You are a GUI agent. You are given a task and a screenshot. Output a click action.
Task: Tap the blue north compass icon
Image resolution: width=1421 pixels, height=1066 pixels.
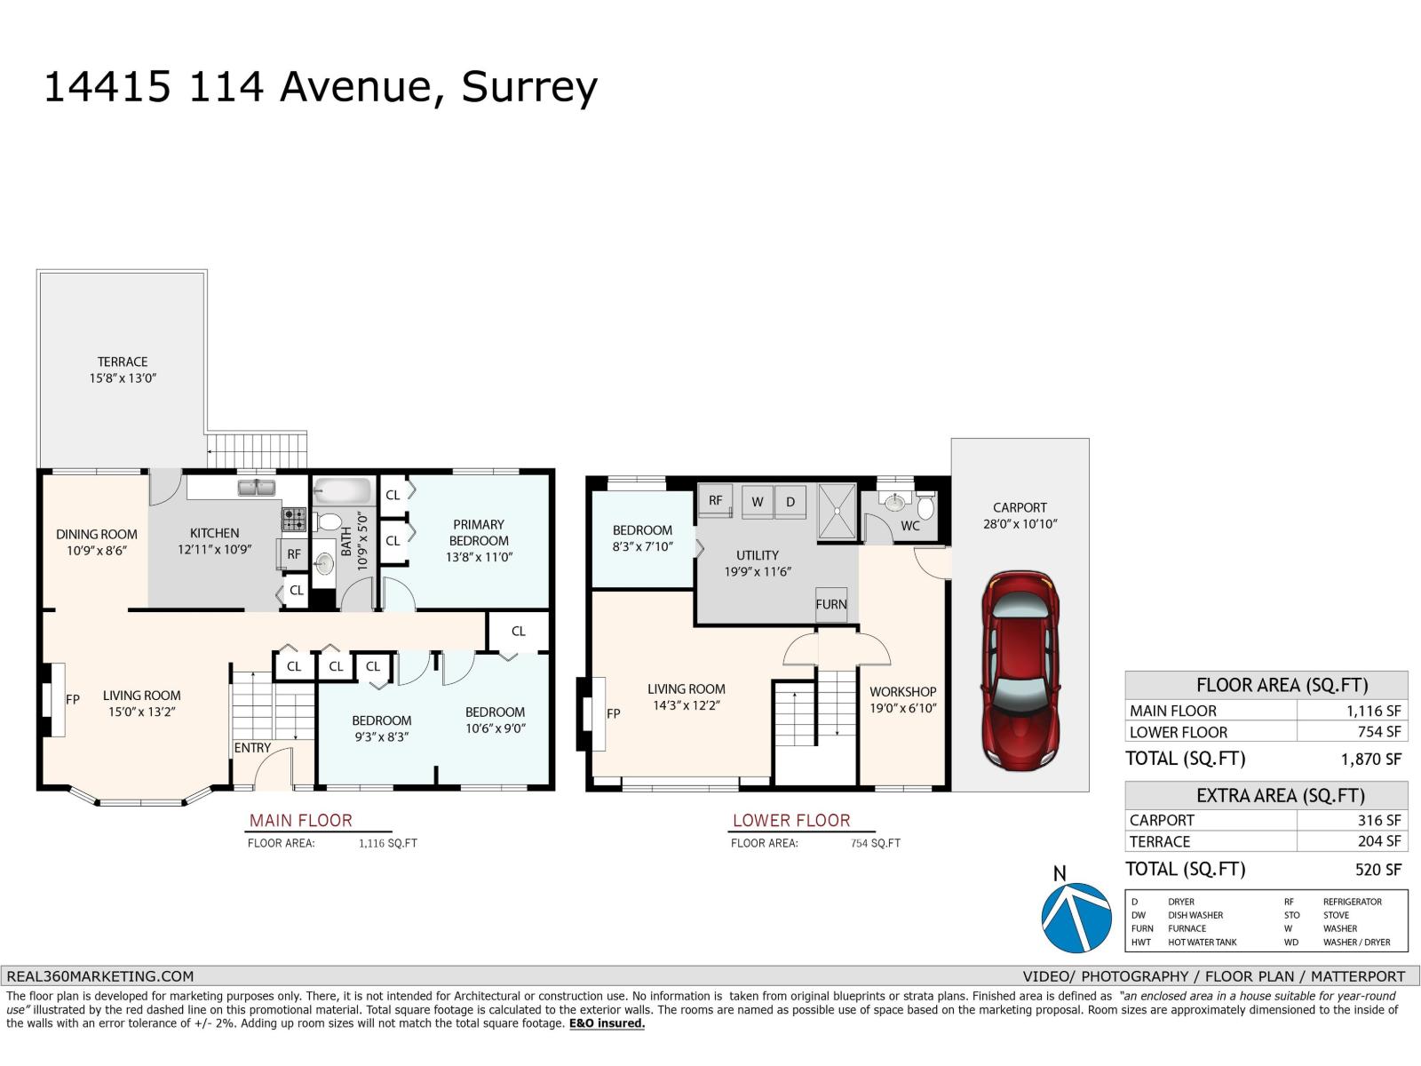[x=1076, y=918]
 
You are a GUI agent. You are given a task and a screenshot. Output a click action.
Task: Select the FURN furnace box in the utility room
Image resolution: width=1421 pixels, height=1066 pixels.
[x=831, y=604]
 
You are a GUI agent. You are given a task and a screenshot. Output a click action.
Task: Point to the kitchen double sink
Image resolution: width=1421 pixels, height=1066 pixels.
[x=256, y=487]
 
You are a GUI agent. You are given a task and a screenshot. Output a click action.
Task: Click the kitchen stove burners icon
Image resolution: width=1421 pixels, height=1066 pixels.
[x=294, y=519]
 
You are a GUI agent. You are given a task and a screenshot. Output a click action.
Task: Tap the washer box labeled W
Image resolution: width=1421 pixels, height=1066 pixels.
[x=758, y=502]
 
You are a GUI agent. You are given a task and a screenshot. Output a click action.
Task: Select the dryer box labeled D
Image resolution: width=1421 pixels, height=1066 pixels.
[x=790, y=502]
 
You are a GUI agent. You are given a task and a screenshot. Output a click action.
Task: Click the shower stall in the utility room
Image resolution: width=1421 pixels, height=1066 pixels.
[x=837, y=511]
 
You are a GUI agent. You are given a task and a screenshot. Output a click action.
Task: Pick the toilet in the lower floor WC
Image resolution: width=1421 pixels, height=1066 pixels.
[x=925, y=507]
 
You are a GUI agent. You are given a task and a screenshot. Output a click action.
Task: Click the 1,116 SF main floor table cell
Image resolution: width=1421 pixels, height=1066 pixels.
[x=1352, y=711]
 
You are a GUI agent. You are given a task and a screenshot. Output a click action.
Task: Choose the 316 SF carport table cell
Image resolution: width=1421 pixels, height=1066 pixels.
[x=1352, y=820]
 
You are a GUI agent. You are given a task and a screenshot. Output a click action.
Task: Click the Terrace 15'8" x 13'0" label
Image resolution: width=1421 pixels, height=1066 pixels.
[x=123, y=370]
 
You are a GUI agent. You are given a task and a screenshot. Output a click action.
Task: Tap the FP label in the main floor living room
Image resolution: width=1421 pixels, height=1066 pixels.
[x=73, y=699]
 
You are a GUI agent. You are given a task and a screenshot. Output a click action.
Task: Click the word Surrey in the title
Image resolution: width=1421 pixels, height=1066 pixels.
[x=529, y=87]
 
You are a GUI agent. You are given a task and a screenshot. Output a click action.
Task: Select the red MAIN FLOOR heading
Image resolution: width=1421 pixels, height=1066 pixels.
[x=300, y=820]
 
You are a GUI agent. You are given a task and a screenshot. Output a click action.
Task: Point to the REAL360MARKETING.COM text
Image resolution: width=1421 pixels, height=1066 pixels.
[x=99, y=975]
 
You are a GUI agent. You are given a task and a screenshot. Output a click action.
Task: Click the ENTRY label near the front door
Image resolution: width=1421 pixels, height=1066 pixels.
[x=252, y=748]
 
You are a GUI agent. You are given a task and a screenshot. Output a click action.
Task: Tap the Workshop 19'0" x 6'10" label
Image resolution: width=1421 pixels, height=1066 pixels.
[x=902, y=699]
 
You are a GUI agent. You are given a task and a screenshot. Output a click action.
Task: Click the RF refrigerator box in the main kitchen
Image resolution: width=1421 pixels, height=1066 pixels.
[x=294, y=554]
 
